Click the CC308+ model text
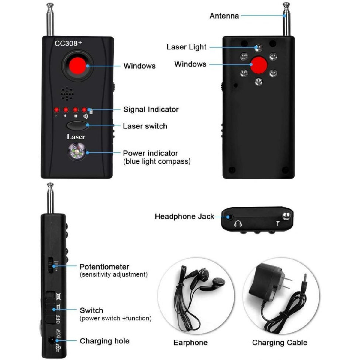(x=68, y=43)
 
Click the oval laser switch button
(x=77, y=125)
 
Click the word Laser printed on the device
(x=76, y=137)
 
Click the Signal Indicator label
(x=151, y=109)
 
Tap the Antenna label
(x=224, y=16)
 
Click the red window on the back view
(x=259, y=65)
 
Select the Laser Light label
(x=186, y=47)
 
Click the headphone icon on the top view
(x=238, y=224)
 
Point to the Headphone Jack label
(x=184, y=217)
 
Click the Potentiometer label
(x=104, y=267)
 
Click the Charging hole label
(x=104, y=341)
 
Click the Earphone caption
(x=190, y=343)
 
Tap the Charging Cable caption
(x=279, y=343)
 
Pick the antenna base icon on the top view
(x=278, y=223)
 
